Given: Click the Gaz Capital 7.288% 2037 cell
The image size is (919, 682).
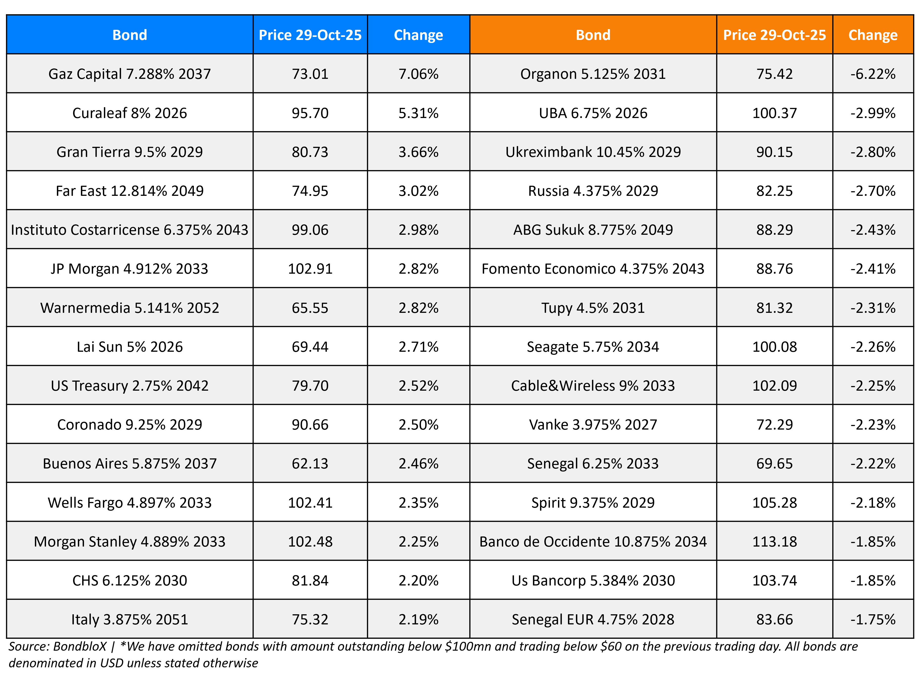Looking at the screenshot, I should pyautogui.click(x=130, y=74).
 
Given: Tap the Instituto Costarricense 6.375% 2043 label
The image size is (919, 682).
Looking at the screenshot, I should pyautogui.click(x=130, y=229).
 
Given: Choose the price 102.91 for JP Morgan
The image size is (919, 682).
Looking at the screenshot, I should pyautogui.click(x=310, y=269).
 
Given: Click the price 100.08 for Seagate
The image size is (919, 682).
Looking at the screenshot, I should pyautogui.click(x=774, y=347).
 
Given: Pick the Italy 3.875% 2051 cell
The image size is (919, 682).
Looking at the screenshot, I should pyautogui.click(x=130, y=619).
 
